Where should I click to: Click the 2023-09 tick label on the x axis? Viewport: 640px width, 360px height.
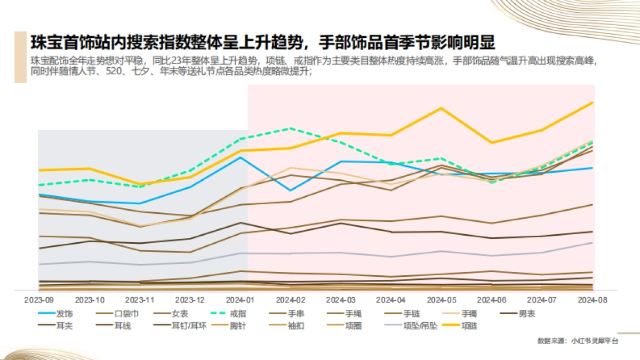38,300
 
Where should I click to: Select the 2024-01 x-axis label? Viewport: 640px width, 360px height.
240,300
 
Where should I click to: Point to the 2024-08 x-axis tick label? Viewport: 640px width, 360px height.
592,300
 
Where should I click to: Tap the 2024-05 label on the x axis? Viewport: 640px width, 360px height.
441,300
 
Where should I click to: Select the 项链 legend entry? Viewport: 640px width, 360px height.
470,325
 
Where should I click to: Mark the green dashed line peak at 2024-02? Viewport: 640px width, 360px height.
290,129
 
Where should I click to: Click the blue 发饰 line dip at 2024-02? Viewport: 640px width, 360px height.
290,190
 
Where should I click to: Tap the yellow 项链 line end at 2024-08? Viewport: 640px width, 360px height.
593,102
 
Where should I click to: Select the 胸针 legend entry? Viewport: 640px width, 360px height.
237,325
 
